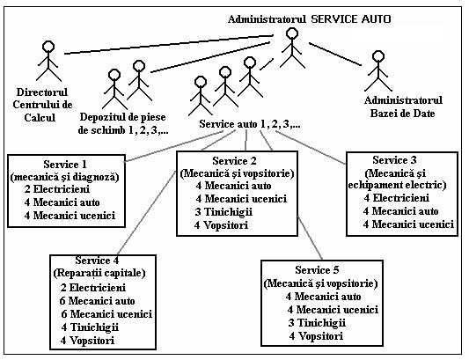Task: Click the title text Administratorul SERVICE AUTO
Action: (309, 19)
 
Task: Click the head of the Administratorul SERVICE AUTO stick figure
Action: (291, 33)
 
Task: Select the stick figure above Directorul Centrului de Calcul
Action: (48, 62)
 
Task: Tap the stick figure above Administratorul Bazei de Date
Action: (378, 71)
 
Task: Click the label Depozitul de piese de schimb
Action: (123, 123)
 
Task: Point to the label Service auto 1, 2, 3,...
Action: (250, 123)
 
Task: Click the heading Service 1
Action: (65, 165)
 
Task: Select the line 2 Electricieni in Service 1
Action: (57, 189)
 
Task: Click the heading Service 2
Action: (234, 161)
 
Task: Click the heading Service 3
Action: (394, 160)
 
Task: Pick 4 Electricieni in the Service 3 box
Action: (397, 198)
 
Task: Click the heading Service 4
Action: (97, 261)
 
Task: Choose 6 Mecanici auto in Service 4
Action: (97, 301)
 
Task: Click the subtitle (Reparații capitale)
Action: (99, 273)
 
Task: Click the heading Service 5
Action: (317, 270)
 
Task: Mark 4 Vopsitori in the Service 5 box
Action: (316, 336)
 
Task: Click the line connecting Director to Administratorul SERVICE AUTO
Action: (169, 45)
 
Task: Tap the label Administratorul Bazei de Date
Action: (403, 107)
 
